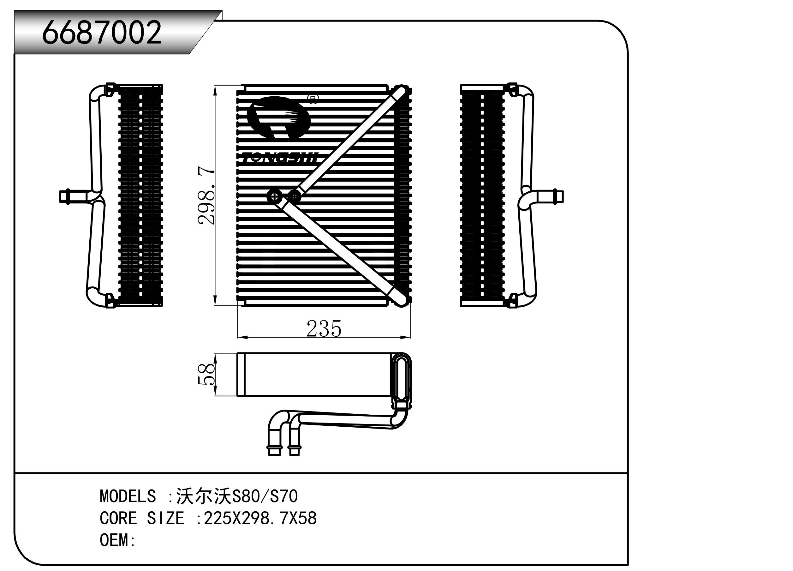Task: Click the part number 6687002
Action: pos(101,32)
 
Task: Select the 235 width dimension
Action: pos(324,329)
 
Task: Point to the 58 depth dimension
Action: pos(206,374)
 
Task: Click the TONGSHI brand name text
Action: pos(280,158)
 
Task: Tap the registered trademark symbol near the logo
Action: pos(313,99)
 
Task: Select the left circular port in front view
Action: pos(274,197)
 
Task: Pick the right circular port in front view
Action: pos(295,197)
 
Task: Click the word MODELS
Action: pos(128,496)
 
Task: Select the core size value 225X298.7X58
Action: pos(260,518)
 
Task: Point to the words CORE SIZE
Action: pos(142,518)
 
